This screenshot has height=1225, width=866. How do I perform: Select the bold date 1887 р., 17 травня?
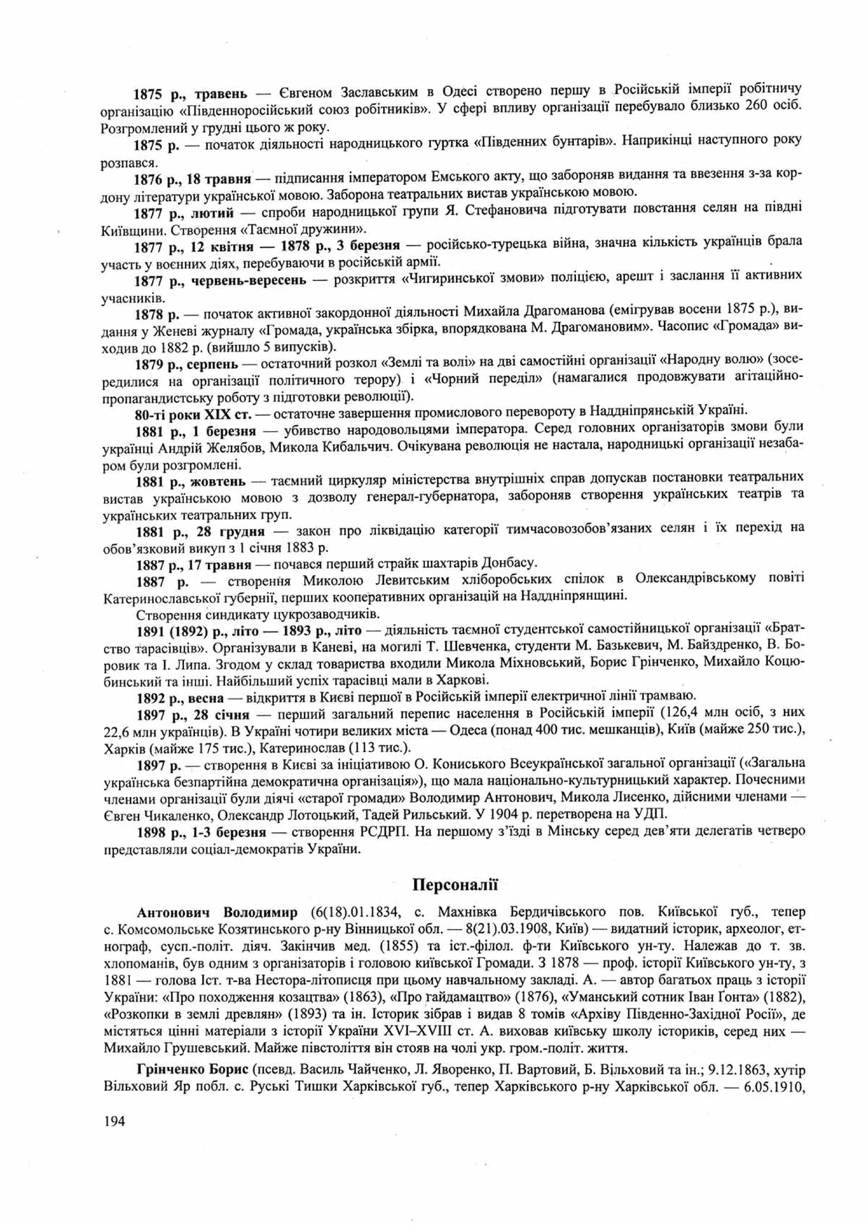[x=194, y=564]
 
